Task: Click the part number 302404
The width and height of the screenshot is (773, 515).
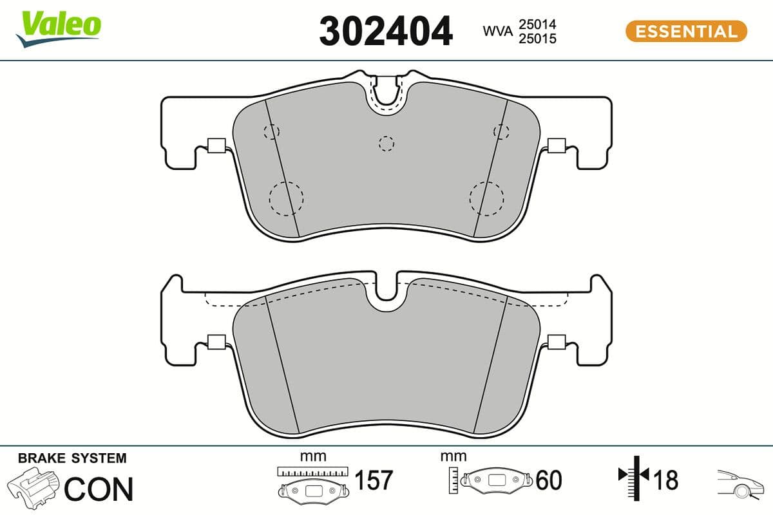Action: (x=386, y=31)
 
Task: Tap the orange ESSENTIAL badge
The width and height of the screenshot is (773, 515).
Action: (x=686, y=31)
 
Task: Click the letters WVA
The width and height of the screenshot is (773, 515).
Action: (x=497, y=31)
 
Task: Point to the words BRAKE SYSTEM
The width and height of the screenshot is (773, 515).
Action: (x=72, y=458)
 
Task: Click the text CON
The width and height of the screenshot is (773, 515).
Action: (x=99, y=489)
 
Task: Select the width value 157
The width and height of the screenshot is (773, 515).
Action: (x=374, y=480)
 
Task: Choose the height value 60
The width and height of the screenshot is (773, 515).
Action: (x=548, y=480)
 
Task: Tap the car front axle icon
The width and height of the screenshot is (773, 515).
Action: (x=738, y=483)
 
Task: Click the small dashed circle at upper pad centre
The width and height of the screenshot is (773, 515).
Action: (x=386, y=144)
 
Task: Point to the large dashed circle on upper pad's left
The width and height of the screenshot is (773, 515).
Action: (x=285, y=198)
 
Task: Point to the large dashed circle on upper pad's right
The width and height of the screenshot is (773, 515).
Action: (x=486, y=198)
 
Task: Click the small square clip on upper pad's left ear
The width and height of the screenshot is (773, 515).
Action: (x=215, y=146)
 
